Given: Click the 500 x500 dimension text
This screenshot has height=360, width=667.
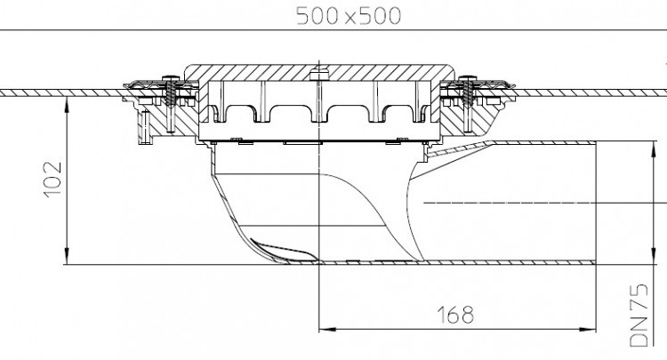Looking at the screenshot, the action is coord(349,16).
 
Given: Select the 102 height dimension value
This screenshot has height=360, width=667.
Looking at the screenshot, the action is coord(53,179).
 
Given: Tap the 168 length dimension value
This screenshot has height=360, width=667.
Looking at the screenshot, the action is coord(455,315).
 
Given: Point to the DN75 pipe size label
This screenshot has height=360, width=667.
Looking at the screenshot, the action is coord(639,315).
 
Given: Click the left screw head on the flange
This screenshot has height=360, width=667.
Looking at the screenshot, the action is coord(171,78).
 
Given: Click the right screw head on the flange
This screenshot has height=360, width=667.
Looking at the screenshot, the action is coord(468,78).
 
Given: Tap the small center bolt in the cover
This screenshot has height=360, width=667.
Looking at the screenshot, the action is coord(319,75).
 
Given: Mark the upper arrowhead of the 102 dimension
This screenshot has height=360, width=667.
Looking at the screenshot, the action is coord(67,104).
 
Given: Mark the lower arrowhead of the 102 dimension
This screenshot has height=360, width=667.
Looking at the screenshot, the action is coord(67,257).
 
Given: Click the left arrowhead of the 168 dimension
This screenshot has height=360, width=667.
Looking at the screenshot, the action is coord(326,329).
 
